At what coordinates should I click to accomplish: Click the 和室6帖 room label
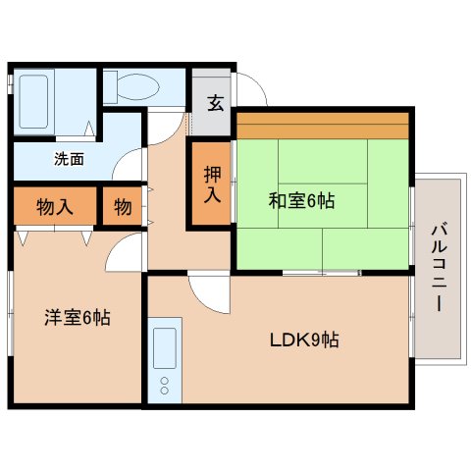[302, 201]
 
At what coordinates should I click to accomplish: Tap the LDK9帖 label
[305, 341]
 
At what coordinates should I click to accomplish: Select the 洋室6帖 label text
[77, 318]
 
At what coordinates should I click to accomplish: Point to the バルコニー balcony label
[437, 268]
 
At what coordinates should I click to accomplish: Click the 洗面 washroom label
[69, 156]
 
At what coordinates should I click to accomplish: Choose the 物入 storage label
[55, 207]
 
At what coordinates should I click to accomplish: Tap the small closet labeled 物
[123, 207]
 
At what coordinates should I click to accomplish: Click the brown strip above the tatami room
[322, 127]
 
